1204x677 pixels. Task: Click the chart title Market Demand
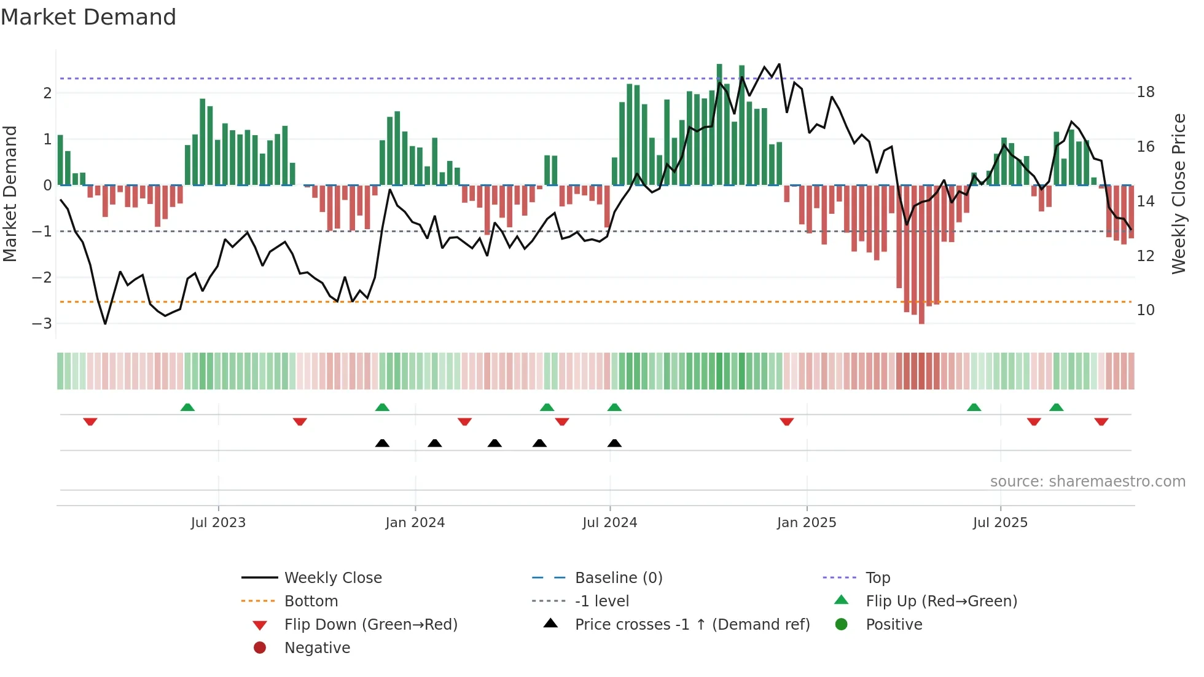[88, 17]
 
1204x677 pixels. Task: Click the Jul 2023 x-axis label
[218, 523]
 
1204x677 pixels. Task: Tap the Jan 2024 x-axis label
[415, 523]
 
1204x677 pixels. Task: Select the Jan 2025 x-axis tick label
[806, 523]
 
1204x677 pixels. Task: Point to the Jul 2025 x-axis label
[1000, 523]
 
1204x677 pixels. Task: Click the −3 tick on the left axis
[42, 323]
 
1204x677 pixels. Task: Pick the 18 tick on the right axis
[1146, 92]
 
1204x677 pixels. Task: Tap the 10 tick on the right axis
[1146, 310]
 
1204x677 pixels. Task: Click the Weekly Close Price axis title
[1178, 194]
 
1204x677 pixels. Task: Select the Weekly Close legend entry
[332, 577]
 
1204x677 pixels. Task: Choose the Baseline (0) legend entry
[618, 577]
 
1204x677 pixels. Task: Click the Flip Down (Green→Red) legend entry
[370, 624]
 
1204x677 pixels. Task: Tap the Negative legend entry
[317, 648]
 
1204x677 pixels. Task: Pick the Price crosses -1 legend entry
[692, 624]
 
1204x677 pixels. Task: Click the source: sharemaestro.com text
[1087, 481]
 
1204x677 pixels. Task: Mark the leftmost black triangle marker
[382, 443]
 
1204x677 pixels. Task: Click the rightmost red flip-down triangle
[1101, 421]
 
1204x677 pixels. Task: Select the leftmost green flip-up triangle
[187, 407]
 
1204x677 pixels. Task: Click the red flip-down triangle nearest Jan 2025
[786, 421]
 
